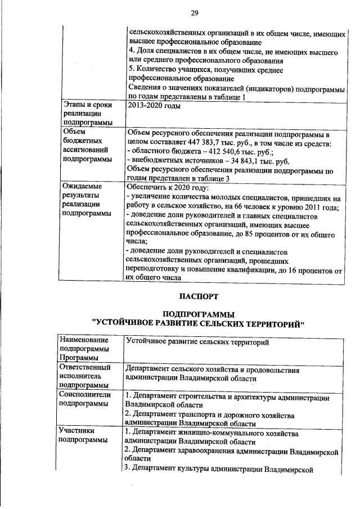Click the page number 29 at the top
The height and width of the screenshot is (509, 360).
(195, 13)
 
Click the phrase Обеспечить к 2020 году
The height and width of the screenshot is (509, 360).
(168, 187)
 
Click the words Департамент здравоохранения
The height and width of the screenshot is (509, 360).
(185, 451)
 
